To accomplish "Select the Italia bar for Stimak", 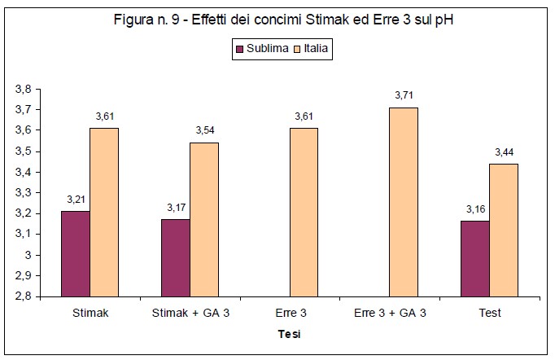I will [x=104, y=212].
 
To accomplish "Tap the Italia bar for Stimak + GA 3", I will [x=204, y=219].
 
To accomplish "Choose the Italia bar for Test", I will [x=504, y=230].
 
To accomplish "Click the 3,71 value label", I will [x=404, y=96].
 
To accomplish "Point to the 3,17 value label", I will [x=175, y=208].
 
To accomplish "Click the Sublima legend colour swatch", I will [x=239, y=49].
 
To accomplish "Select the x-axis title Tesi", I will [x=290, y=334].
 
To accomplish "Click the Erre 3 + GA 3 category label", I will [x=390, y=314].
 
